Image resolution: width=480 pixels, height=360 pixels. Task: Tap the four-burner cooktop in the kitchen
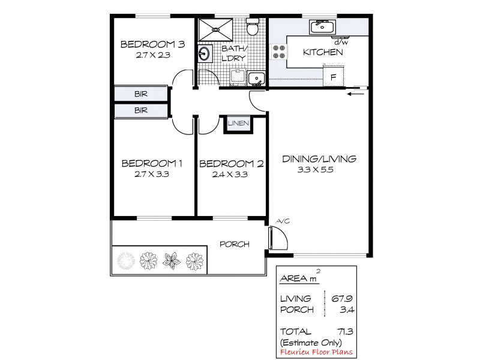click(x=278, y=52)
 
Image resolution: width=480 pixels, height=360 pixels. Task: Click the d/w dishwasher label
click(x=341, y=41)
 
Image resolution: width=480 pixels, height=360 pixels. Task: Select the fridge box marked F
click(x=333, y=76)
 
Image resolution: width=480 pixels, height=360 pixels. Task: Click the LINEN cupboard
click(x=238, y=124)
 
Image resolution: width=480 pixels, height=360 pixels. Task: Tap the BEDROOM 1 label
click(x=151, y=163)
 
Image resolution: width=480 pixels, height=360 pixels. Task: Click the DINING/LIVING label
click(x=319, y=159)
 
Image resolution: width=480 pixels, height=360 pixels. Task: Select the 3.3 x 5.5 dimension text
click(x=319, y=170)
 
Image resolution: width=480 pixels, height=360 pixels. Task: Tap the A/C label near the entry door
click(x=282, y=221)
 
